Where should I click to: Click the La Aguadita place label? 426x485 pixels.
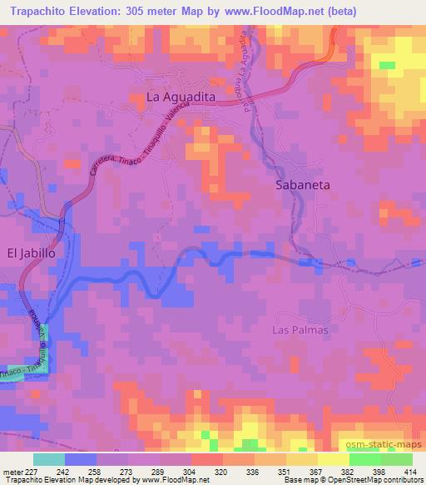click(x=181, y=97)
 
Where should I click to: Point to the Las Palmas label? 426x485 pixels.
click(x=300, y=330)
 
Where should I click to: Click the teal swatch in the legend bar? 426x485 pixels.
click(x=48, y=459)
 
